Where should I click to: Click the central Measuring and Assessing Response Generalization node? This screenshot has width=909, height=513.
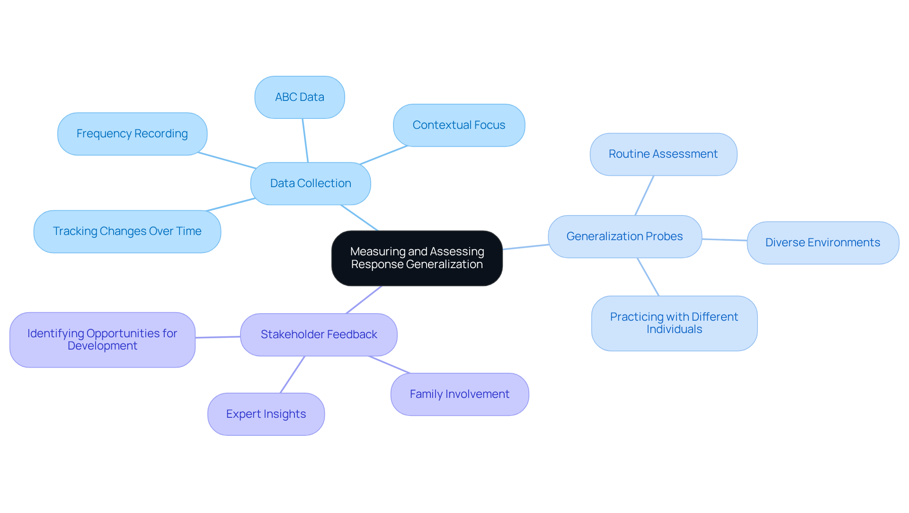(x=417, y=258)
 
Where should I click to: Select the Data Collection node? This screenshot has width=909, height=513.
(x=311, y=183)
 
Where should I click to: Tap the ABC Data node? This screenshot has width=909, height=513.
(x=300, y=97)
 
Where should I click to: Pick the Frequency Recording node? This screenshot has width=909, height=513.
(x=132, y=134)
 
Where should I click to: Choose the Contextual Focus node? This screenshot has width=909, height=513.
(x=459, y=125)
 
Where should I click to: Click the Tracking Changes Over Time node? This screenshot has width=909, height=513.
(x=127, y=231)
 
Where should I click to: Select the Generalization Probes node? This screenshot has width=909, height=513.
(x=624, y=236)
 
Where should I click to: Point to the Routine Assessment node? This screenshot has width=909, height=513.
(x=663, y=154)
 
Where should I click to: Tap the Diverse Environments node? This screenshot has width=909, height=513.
(x=822, y=243)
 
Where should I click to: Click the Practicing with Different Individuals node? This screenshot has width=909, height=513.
(x=674, y=323)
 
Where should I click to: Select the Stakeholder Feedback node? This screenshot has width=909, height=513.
(x=319, y=334)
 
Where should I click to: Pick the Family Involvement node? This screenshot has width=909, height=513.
(x=459, y=394)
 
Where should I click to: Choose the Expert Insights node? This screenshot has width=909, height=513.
(x=266, y=414)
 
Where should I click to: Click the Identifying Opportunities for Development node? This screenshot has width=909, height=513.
(x=102, y=340)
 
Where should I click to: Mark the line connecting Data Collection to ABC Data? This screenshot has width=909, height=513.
(x=305, y=140)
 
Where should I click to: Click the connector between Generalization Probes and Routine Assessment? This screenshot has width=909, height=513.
(x=644, y=195)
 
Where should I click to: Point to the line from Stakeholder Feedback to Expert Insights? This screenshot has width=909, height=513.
(x=293, y=374)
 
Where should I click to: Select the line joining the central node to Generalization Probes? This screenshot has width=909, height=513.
(x=526, y=247)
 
